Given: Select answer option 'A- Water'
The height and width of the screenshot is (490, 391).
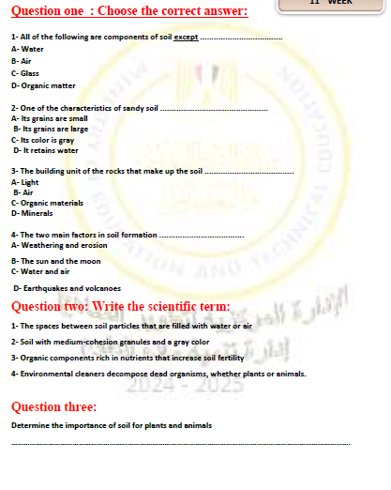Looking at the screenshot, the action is (x=27, y=48).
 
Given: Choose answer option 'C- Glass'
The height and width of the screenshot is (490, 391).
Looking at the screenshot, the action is (x=25, y=72).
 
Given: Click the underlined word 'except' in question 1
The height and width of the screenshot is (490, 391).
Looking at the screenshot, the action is (x=186, y=36).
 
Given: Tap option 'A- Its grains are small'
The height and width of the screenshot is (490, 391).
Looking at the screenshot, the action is (x=50, y=119).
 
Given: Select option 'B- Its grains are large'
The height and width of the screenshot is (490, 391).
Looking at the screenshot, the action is (x=52, y=130).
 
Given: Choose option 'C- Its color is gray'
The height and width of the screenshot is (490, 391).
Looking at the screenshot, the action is (x=43, y=140).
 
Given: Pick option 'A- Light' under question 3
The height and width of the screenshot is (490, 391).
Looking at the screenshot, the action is (x=26, y=182).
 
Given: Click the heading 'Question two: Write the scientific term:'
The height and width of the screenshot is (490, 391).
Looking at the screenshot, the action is (x=120, y=306).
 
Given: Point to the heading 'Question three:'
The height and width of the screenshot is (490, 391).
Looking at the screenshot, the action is (x=53, y=406).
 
